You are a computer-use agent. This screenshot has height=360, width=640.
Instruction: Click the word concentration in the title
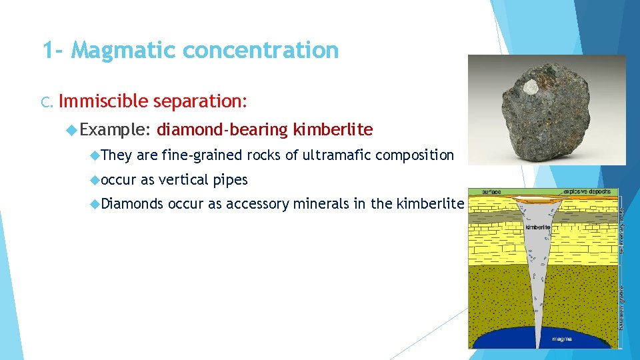click(273, 51)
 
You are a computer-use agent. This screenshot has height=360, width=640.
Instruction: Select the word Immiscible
click(103, 101)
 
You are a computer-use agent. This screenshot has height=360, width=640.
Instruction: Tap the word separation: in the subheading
click(200, 101)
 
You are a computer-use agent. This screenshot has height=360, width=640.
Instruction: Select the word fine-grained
click(203, 155)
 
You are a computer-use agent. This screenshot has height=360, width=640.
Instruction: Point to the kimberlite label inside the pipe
click(537, 227)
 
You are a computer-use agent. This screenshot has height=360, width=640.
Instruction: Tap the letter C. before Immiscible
click(46, 102)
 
